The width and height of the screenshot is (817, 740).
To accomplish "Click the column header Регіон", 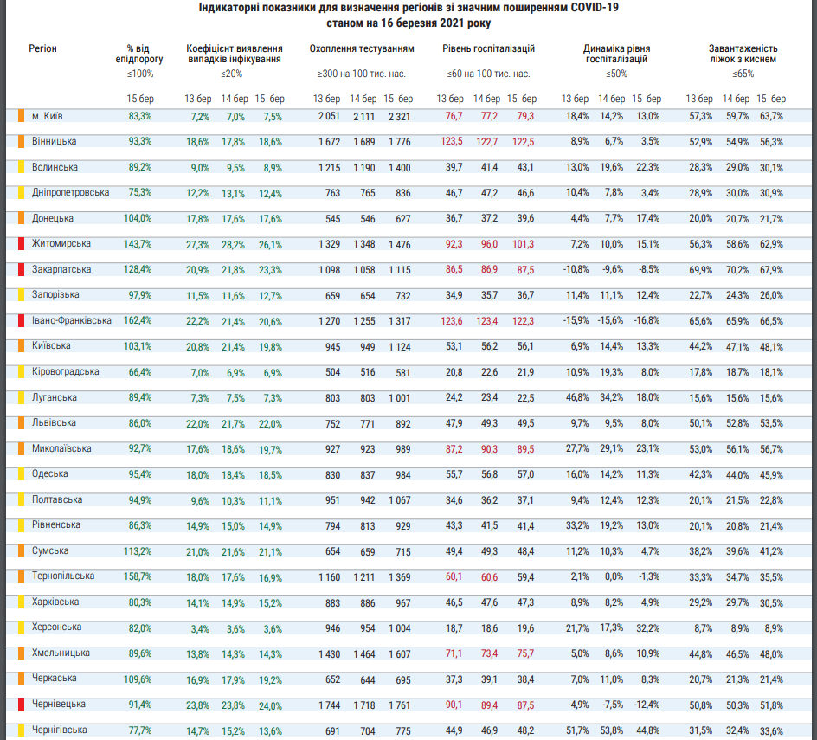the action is point(42,48).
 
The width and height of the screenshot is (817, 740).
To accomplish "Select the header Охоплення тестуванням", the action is point(362,48).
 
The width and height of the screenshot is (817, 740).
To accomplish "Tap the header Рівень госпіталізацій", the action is point(489,48).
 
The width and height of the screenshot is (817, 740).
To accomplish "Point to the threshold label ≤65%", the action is point(743,74).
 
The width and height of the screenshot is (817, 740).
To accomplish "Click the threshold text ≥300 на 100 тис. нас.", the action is point(362,74).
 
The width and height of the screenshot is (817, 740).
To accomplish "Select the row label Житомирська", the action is point(61,243).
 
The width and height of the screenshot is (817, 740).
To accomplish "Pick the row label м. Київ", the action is point(47,116).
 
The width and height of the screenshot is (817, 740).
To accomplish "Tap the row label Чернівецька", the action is point(58,704).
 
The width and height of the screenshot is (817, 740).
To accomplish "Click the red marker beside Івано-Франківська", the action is point(22,320).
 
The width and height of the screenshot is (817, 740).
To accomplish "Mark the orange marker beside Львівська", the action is point(22,422).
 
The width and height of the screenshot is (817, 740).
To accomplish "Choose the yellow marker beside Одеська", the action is point(22,473).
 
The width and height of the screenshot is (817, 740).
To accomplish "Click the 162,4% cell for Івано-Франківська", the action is point(138,320).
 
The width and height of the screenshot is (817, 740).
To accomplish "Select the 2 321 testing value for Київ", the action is point(399,116).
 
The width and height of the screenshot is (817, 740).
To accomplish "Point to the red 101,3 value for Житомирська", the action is point(523,244).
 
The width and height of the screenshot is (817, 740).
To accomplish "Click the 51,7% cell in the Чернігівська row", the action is point(577,730).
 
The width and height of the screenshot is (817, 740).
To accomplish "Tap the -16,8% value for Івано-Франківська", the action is point(647,320).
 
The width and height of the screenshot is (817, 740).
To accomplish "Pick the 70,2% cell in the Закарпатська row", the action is point(737,270).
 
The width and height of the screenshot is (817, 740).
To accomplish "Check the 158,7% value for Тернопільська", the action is point(138,576).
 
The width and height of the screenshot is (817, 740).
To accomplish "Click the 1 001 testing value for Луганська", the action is point(399,397).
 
